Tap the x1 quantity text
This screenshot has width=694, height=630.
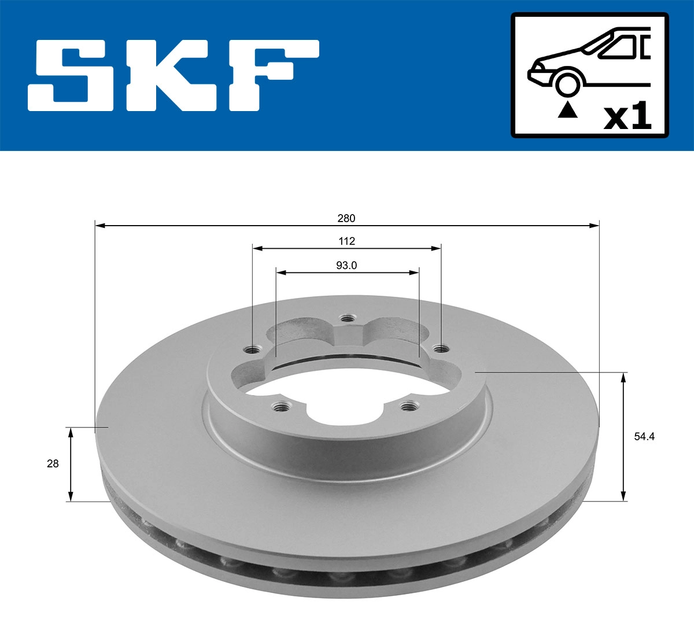627,117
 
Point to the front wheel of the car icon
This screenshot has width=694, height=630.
567,82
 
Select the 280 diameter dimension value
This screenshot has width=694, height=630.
346,218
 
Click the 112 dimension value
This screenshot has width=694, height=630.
346,241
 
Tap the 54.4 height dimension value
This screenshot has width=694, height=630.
644,437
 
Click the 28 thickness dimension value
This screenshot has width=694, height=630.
53,463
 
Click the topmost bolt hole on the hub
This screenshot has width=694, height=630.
347,318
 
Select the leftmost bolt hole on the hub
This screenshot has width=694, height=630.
252,349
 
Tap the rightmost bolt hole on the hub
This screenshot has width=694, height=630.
441,348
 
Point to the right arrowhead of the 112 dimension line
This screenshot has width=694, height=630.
437,248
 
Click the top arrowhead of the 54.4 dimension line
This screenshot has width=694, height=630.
623,378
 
